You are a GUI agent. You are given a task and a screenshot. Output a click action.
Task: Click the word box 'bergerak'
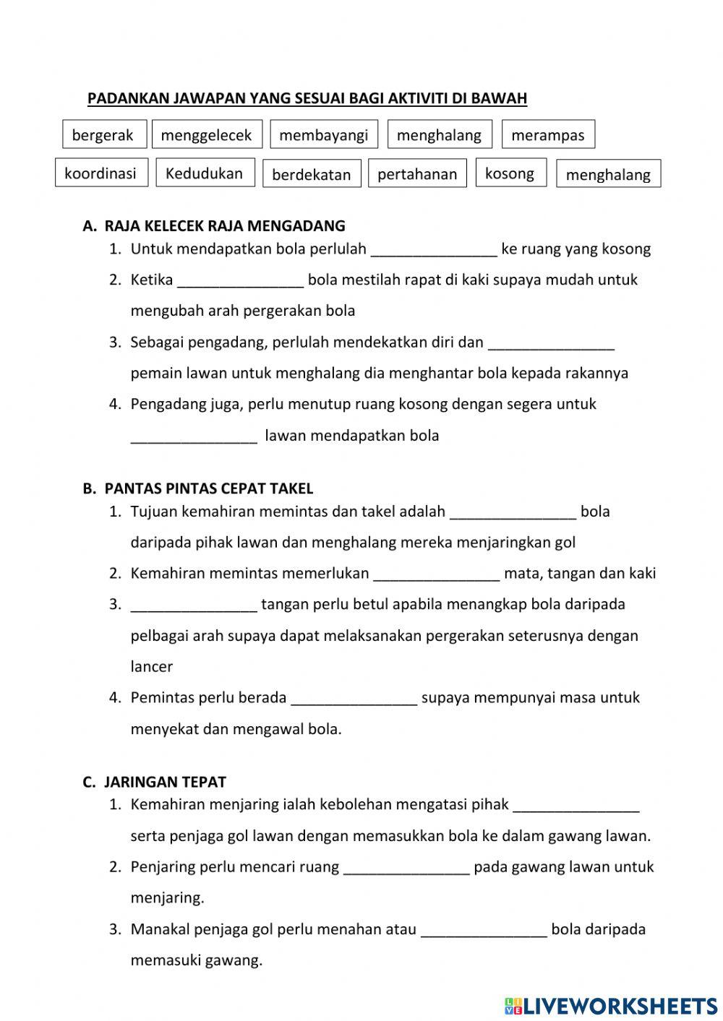point(103,135)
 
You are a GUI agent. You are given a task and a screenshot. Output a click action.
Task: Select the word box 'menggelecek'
point(206,135)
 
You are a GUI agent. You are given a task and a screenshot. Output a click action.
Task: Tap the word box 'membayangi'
point(323,135)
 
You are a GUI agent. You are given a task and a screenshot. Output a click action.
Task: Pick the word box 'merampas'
point(547,135)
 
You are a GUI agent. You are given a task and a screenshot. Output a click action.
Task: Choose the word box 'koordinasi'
point(100,173)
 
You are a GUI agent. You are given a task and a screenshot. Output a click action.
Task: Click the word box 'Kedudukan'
point(205,173)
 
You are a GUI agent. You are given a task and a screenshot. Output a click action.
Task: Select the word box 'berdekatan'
point(311,174)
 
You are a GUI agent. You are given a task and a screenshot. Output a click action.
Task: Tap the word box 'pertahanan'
point(417,174)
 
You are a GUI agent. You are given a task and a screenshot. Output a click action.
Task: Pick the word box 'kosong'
point(510,173)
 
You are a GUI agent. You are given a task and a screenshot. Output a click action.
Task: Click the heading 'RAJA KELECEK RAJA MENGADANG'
point(224,225)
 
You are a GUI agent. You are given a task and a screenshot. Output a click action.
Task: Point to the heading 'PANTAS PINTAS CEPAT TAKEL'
point(208,488)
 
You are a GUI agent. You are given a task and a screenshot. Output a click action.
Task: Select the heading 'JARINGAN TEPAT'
point(165,782)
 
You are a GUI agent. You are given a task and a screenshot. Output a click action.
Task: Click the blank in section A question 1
point(434,249)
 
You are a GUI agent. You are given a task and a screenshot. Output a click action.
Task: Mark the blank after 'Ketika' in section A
point(240,280)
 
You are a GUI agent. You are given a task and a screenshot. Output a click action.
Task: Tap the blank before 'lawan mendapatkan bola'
point(194,436)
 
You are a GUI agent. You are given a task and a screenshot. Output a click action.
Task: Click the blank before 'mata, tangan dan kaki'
point(436,574)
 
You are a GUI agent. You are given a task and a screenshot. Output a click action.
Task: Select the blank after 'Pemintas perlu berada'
point(354,698)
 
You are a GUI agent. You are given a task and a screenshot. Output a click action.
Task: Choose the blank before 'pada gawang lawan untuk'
point(406,867)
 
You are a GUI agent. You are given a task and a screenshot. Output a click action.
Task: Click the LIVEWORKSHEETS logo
point(611,1005)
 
